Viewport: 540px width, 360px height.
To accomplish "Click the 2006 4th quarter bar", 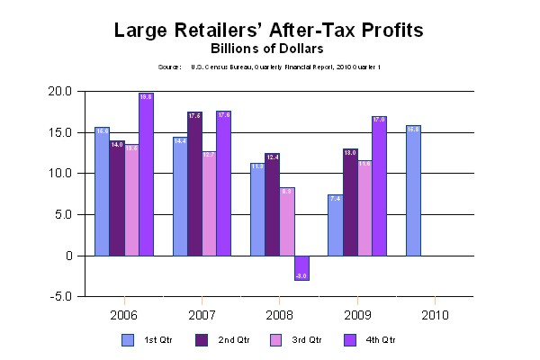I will pos(146,174).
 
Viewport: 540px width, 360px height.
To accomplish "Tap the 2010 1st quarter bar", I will pos(413,190).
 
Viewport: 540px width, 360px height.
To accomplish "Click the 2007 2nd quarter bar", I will pos(194,184).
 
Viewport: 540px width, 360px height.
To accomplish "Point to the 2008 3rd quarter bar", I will pos(286,221).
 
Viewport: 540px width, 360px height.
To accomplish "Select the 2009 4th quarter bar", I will pos(378,185).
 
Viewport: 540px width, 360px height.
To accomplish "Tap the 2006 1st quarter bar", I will pos(103,191).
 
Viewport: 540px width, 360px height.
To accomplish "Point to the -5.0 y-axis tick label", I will pos(62,297).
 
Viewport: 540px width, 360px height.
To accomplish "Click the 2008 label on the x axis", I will pos(279,316).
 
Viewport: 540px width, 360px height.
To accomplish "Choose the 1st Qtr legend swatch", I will pos(129,339).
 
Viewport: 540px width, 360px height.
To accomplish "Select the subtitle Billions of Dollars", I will pos(269,48).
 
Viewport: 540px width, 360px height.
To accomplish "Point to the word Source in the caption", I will pos(169,67).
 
